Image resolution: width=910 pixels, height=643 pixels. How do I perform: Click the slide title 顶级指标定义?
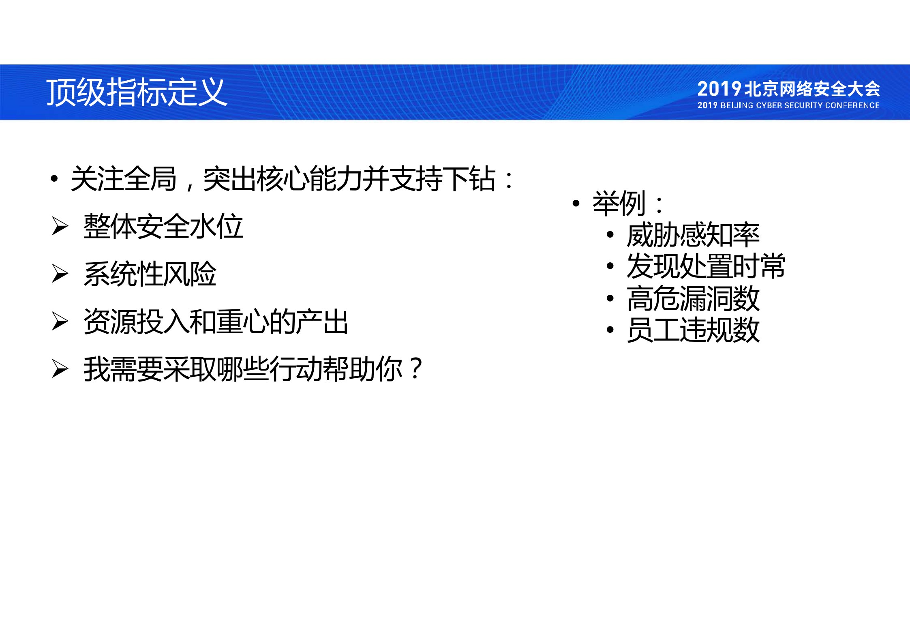tap(136, 92)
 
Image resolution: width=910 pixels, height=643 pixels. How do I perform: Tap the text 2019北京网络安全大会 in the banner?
tap(788, 89)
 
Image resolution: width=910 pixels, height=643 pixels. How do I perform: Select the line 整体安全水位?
tap(163, 226)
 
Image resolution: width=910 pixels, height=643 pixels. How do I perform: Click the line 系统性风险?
tap(150, 274)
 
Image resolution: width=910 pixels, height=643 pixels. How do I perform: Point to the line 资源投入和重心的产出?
tap(216, 321)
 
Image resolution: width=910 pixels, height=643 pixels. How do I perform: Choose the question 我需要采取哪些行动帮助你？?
tap(253, 369)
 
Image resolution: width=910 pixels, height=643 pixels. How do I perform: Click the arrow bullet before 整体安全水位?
tap(60, 226)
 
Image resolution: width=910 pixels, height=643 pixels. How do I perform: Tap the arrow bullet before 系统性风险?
tap(60, 273)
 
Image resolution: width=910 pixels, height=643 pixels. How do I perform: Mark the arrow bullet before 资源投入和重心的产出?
tap(60, 321)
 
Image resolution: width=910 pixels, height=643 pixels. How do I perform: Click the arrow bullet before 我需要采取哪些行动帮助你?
tap(60, 369)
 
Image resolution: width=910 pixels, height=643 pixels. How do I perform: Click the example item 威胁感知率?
tap(693, 235)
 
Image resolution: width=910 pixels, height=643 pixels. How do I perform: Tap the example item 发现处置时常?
tap(706, 266)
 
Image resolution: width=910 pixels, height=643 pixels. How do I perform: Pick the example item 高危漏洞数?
tap(693, 298)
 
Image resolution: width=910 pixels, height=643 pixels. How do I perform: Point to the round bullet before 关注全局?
tap(54, 179)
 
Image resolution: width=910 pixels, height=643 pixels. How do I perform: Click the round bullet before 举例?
tap(576, 203)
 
